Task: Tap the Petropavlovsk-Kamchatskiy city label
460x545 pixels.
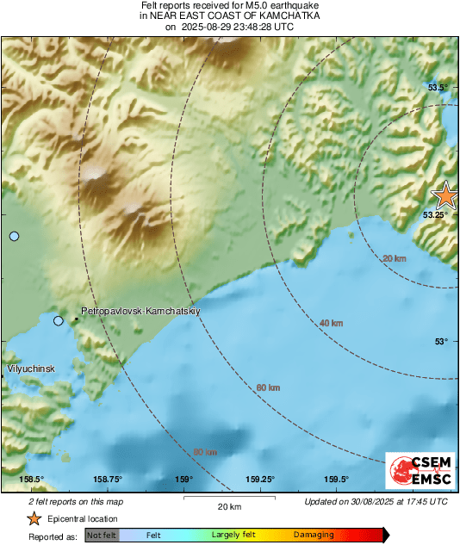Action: (x=140, y=310)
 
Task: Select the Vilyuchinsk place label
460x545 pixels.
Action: (x=31, y=368)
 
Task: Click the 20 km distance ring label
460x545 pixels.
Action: (x=395, y=258)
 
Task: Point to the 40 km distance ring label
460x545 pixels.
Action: (x=330, y=323)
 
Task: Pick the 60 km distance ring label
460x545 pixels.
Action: (x=268, y=387)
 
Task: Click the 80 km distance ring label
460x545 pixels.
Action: (x=205, y=452)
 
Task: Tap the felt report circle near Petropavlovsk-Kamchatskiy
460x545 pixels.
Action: (x=59, y=321)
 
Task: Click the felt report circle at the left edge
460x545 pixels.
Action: (x=14, y=236)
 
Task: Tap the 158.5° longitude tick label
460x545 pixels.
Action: (x=32, y=480)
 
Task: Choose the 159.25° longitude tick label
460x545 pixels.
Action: (x=260, y=480)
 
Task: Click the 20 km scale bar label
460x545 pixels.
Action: (x=229, y=506)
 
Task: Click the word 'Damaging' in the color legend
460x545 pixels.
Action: (x=314, y=535)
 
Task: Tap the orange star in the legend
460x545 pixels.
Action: (x=34, y=518)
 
